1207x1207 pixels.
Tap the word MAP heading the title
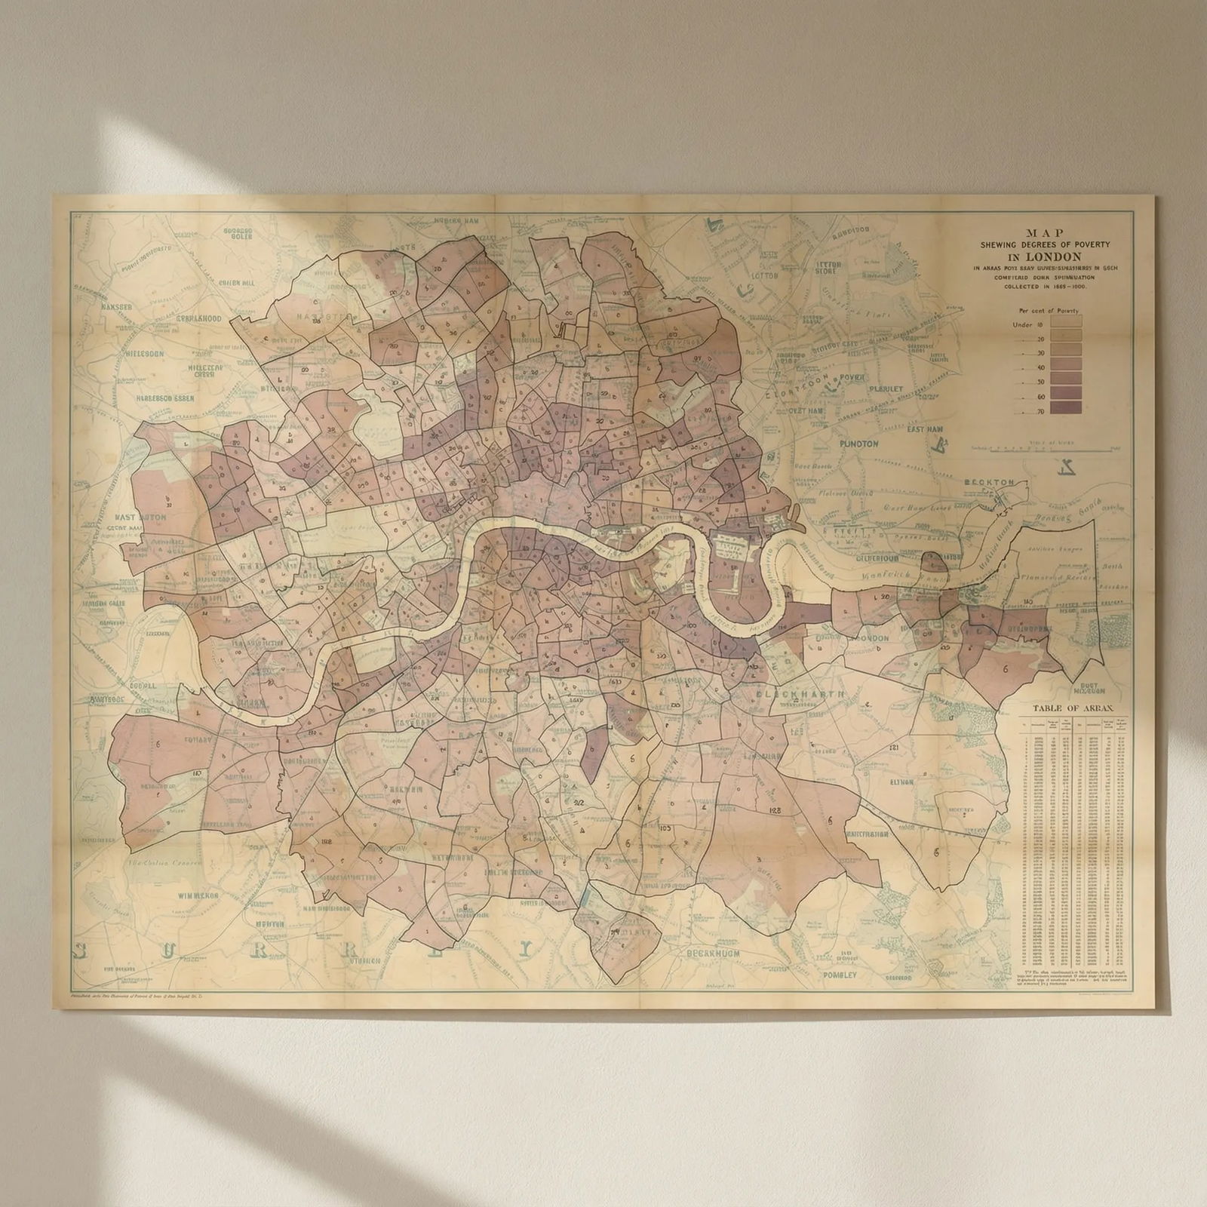(1049, 232)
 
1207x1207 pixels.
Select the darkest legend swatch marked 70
(1065, 408)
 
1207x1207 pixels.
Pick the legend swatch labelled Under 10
(1065, 322)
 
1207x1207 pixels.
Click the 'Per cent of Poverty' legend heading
(1048, 310)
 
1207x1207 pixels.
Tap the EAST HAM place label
(925, 429)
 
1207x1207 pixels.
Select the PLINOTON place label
(858, 444)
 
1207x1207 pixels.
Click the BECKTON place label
(989, 482)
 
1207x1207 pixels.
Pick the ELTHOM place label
(901, 782)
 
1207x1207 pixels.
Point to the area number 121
(895, 748)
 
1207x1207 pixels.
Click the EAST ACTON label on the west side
(140, 518)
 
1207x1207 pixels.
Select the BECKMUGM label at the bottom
(713, 954)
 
